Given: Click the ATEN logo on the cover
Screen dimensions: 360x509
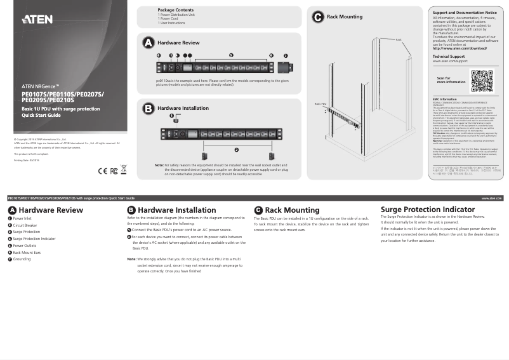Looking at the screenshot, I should (37, 19).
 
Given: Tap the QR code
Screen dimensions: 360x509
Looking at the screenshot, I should (482, 81).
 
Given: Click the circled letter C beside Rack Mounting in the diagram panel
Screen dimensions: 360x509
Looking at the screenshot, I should (318, 17).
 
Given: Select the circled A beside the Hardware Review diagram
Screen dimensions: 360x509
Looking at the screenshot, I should (148, 43).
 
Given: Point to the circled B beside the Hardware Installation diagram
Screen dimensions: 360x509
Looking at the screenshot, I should (148, 109).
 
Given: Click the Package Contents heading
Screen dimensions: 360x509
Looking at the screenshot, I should (176, 10).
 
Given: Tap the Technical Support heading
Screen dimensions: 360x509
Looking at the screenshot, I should (449, 57).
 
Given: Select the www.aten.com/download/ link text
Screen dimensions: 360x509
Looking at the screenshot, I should (459, 48).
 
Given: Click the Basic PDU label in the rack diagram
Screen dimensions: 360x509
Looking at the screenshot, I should (320, 103).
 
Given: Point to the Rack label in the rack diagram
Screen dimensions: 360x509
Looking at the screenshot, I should (399, 40).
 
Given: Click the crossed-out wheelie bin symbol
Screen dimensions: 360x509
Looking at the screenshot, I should (124, 170).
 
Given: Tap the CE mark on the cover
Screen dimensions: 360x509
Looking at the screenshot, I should (103, 171).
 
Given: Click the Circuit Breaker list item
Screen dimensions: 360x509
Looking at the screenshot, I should (25, 225).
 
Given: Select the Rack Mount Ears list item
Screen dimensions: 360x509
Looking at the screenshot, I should (27, 253).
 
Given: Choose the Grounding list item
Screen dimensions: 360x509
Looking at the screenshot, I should (22, 259).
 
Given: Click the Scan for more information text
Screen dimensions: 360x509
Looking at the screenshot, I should (451, 80).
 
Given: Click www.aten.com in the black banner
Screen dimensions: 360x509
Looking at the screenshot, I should (491, 198).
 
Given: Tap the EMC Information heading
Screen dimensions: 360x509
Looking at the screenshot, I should (444, 99).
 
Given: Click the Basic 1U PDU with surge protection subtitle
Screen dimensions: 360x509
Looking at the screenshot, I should (60, 109).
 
